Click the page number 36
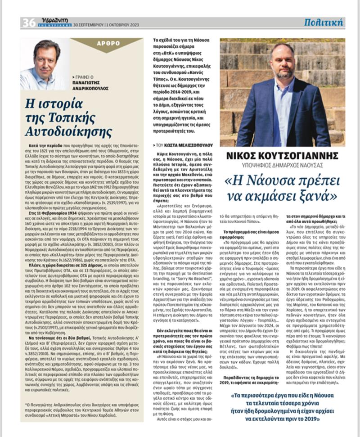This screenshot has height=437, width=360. click(28, 22)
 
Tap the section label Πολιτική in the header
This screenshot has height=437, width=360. click(323, 22)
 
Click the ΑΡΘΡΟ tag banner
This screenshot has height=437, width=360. click(108, 44)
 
